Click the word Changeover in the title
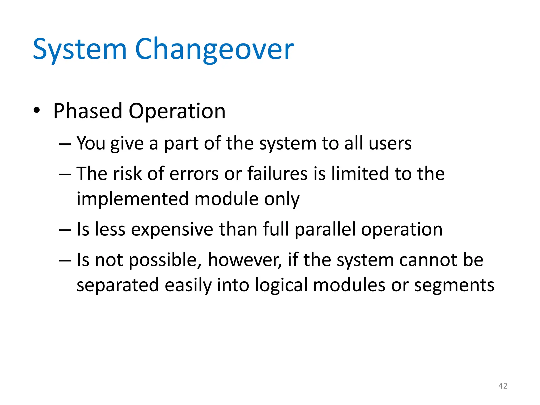(214, 49)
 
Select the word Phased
(88, 111)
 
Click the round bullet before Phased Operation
(37, 110)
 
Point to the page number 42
(503, 386)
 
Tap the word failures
(277, 174)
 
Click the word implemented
(132, 199)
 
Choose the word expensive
(172, 230)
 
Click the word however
(245, 260)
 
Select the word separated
(118, 285)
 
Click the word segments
(454, 286)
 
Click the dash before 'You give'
(65, 144)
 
